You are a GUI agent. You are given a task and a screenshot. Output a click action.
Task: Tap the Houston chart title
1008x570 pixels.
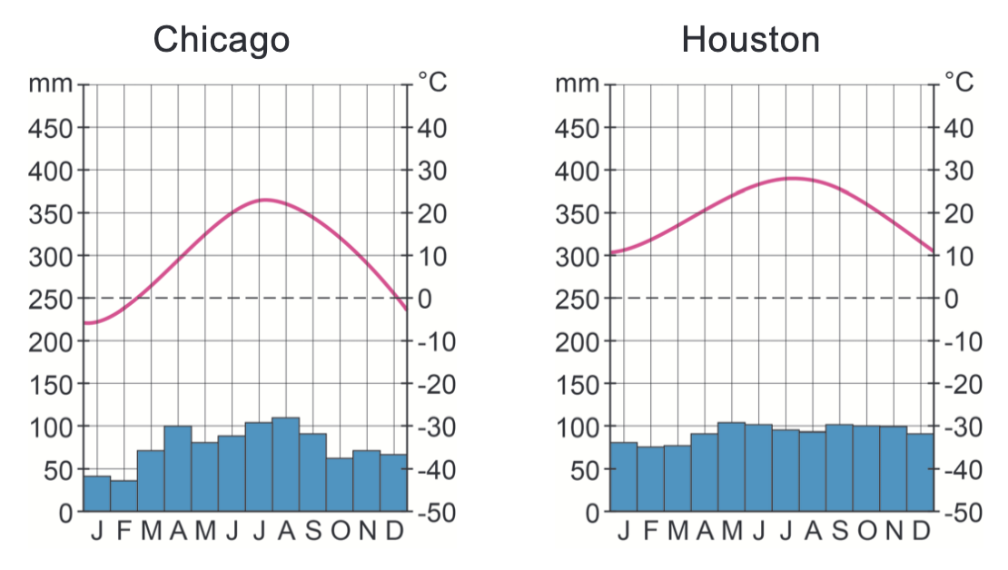[x=750, y=39]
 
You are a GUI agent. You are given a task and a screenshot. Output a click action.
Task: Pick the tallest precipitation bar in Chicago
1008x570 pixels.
[x=286, y=465]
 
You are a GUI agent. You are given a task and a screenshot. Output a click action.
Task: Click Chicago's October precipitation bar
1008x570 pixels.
[x=340, y=485]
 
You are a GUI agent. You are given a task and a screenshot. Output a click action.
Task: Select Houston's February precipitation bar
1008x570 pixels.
[x=650, y=479]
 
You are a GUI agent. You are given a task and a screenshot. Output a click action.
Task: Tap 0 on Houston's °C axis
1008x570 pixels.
[x=953, y=299]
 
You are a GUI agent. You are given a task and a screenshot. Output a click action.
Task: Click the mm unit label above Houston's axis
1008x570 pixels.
[x=578, y=84]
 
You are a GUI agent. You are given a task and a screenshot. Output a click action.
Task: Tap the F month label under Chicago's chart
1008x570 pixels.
[x=124, y=531]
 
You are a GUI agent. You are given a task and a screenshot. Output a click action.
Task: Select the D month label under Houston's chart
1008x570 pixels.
[x=921, y=531]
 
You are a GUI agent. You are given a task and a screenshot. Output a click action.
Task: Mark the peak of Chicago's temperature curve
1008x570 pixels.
[x=264, y=200]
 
